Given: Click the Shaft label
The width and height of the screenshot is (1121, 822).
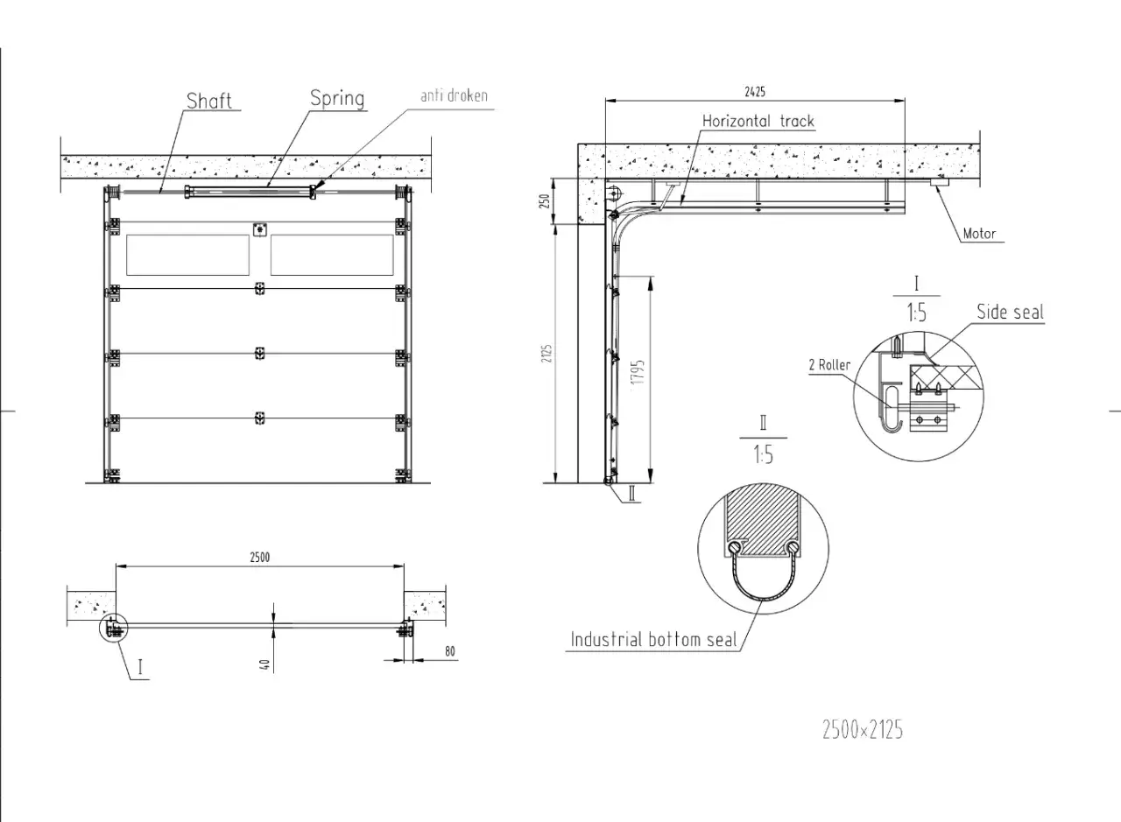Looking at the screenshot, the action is coord(209,101).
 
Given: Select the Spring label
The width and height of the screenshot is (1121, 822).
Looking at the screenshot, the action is coord(337,99).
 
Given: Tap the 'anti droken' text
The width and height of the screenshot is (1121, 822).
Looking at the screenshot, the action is coord(454,95).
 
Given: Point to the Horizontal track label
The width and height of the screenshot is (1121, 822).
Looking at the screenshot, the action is coord(758,121).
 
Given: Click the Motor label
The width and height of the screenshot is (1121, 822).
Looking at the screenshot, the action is coord(979,234).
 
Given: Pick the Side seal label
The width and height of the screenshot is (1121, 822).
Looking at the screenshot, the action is coord(1011,313).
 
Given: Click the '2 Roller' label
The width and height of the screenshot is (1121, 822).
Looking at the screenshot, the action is coord(829,365).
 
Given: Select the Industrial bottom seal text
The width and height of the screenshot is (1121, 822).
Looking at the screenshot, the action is coord(653,640).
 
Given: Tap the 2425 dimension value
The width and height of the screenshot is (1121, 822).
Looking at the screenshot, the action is coord(755,92).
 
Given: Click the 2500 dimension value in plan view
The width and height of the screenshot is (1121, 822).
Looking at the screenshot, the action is coord(260,558).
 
